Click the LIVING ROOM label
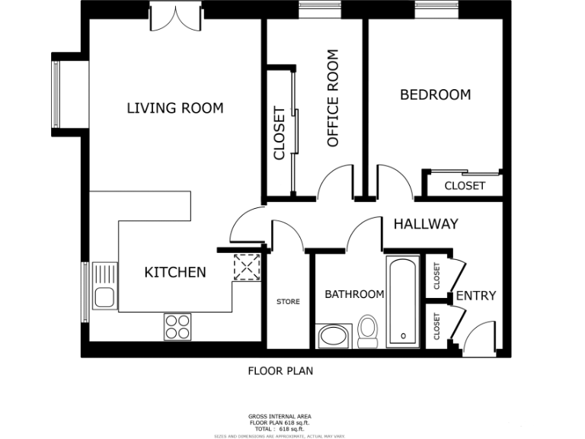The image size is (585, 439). point(174,108)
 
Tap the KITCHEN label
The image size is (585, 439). point(175,272)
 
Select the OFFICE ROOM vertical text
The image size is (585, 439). point(332,98)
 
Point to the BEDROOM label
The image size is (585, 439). point(435,95)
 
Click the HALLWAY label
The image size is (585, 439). point(425,224)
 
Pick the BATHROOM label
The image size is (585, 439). point(354,294)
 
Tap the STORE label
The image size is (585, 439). point(288,302)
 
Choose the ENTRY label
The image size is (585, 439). point(476,296)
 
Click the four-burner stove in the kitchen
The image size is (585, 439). point(177,327)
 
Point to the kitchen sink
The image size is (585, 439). point(104,286)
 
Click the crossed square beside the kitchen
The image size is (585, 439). point(246,268)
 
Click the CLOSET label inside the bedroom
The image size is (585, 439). point(464,186)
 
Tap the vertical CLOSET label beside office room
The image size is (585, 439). point(279,133)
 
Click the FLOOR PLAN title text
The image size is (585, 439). point(280,371)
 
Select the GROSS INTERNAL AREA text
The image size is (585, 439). point(280,416)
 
